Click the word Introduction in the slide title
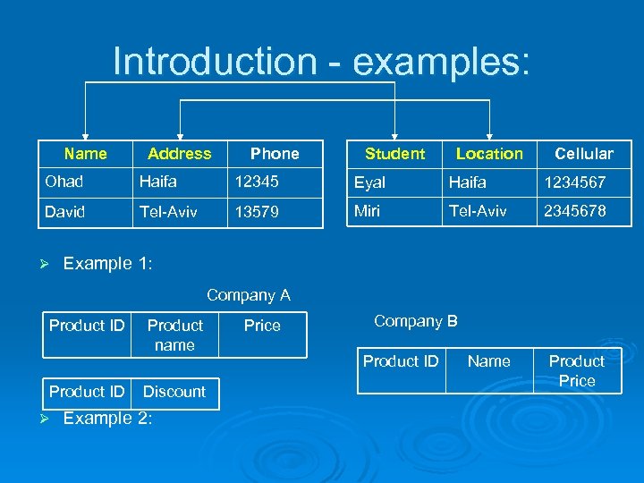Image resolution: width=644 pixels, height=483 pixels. click(215, 62)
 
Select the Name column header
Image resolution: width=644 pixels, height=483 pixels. click(86, 154)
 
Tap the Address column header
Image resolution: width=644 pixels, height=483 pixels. click(180, 154)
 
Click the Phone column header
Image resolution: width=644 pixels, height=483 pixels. click(275, 154)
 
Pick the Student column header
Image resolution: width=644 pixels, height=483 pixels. click(394, 154)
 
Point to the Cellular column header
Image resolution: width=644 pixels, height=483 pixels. click(584, 154)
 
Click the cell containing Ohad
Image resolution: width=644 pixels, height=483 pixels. click(64, 182)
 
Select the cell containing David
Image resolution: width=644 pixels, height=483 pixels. click(65, 212)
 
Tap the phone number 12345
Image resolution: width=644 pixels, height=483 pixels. click(257, 182)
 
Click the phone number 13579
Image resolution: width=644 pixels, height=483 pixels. click(257, 213)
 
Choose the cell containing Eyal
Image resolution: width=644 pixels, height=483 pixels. click(370, 182)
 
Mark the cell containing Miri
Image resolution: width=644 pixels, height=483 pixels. click(368, 211)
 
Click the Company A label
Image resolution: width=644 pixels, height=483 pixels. click(249, 295)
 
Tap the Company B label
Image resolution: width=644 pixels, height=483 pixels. click(416, 321)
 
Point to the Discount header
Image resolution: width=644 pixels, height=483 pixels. click(174, 392)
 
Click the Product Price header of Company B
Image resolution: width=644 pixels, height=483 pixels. click(577, 371)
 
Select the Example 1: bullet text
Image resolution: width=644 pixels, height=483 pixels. click(108, 264)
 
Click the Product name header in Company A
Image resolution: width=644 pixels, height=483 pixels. click(174, 335)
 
